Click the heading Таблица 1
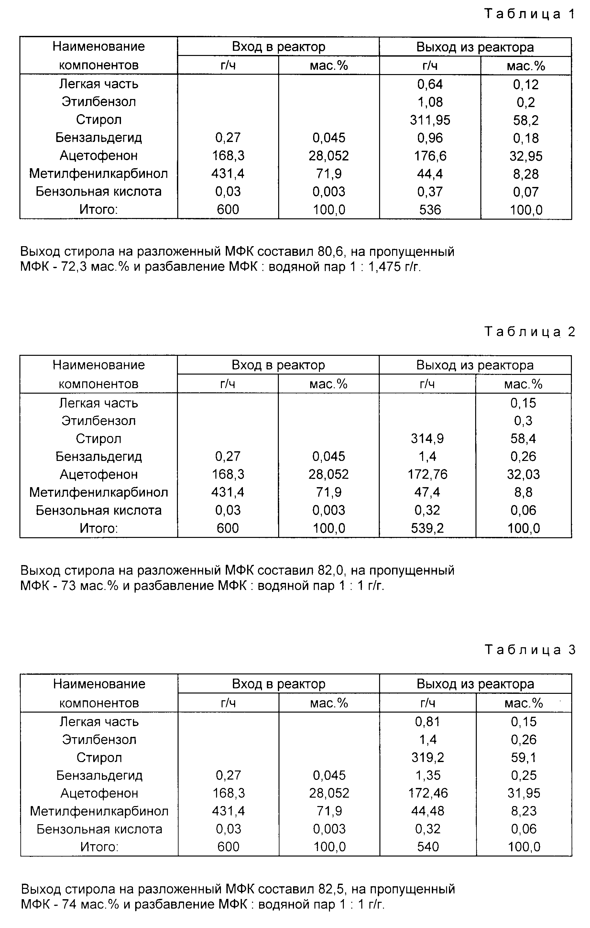[x=529, y=14]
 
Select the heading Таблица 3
[x=529, y=650]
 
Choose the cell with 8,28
[x=526, y=174]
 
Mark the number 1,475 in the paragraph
[x=385, y=267]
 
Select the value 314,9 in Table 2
[x=427, y=439]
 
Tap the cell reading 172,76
[x=427, y=475]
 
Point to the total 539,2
[x=427, y=528]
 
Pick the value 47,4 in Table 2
[x=427, y=492]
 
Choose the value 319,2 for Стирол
[x=427, y=758]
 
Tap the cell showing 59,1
[x=523, y=758]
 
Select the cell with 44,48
[x=427, y=811]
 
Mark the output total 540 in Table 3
[x=427, y=847]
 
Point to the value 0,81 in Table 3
[x=427, y=722]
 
